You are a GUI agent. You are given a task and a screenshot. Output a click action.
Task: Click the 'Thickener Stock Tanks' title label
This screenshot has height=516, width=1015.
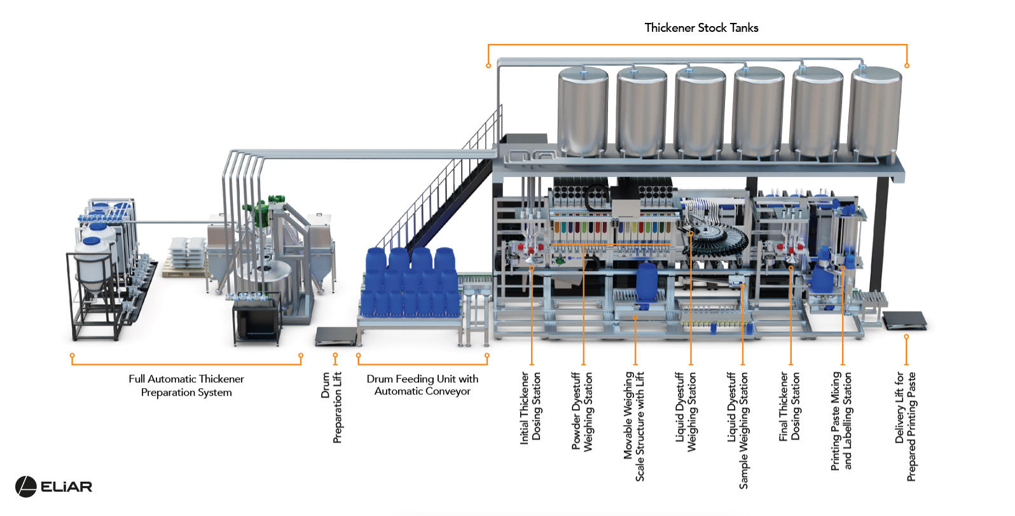pyautogui.click(x=701, y=27)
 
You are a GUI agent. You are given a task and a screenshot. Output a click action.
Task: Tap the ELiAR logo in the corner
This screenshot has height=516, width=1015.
pyautogui.click(x=53, y=487)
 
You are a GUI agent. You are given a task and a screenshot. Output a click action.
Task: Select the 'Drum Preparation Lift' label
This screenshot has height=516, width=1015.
pyautogui.click(x=331, y=407)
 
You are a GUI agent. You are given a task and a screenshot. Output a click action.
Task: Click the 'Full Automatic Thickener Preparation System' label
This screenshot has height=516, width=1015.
pyautogui.click(x=186, y=386)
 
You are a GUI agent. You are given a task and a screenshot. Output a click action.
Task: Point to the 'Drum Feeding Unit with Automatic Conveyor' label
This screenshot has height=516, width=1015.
pyautogui.click(x=422, y=385)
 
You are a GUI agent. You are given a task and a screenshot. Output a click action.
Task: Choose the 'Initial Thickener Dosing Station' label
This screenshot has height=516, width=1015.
pyautogui.click(x=530, y=408)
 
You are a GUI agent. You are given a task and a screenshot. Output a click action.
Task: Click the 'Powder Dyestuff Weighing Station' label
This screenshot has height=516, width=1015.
pyautogui.click(x=583, y=412)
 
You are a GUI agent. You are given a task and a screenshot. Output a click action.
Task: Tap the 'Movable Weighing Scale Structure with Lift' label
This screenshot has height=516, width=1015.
pyautogui.click(x=634, y=426)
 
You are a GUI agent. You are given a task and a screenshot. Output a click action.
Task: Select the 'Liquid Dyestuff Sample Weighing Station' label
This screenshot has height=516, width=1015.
pyautogui.click(x=738, y=430)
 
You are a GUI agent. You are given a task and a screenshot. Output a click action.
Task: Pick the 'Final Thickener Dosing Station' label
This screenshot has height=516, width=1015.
pyautogui.click(x=789, y=407)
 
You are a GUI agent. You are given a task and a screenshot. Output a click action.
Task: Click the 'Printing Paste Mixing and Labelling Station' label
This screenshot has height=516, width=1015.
pyautogui.click(x=841, y=421)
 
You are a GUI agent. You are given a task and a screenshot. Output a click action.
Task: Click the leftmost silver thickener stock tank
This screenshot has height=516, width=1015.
pyautogui.click(x=583, y=111)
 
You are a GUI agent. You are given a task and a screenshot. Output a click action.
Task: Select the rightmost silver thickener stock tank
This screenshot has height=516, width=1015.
pyautogui.click(x=874, y=111)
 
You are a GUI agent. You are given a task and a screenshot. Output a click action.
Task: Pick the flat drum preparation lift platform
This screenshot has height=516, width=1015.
pyautogui.click(x=336, y=337)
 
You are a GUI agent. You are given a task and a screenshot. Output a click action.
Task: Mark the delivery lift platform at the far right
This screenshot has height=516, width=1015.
pyautogui.click(x=904, y=320)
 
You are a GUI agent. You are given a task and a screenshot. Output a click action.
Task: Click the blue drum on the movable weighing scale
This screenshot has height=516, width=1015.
pyautogui.click(x=647, y=282)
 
